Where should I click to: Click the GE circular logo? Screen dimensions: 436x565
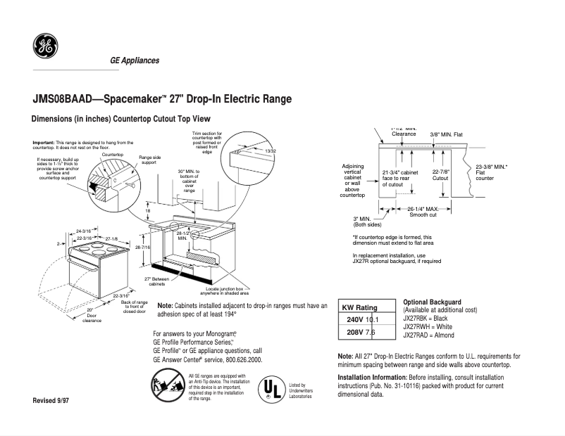tap(44, 47)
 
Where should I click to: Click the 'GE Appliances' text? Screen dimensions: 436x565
tap(134, 60)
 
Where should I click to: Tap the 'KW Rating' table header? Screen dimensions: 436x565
tap(359, 307)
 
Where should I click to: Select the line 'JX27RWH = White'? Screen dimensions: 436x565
tap(428, 327)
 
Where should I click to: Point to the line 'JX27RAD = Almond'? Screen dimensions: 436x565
tap(430, 335)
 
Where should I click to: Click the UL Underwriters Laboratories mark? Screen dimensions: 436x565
tap(271, 388)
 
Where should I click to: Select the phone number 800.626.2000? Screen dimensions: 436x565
tap(241, 359)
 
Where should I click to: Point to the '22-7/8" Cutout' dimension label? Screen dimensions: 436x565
tap(440, 175)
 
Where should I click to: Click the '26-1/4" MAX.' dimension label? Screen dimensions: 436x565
tap(423, 209)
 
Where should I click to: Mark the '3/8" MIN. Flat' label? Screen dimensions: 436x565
tap(447, 134)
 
